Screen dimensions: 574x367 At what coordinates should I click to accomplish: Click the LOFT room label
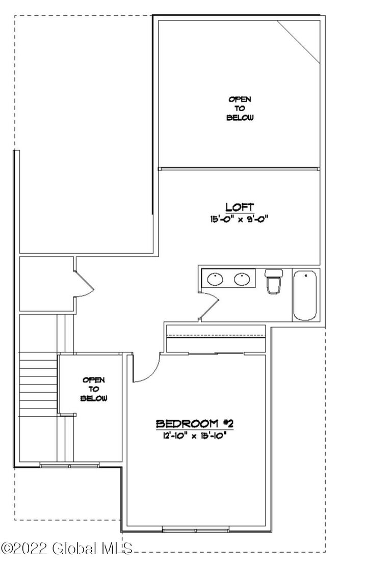(240, 207)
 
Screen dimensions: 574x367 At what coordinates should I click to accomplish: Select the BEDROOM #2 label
(194, 423)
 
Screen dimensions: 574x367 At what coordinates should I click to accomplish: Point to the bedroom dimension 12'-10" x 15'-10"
(194, 435)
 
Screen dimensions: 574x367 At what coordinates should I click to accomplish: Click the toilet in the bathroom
(273, 282)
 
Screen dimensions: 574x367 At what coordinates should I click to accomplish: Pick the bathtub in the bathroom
(305, 295)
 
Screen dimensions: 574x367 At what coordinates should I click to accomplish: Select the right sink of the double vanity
(241, 279)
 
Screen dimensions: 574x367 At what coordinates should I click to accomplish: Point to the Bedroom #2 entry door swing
(147, 371)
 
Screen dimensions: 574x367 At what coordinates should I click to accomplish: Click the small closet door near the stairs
(84, 283)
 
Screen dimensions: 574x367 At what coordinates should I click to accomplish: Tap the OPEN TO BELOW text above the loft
(240, 108)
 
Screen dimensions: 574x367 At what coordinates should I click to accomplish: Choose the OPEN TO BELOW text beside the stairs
(95, 389)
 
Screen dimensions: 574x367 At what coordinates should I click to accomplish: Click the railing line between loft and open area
(239, 168)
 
